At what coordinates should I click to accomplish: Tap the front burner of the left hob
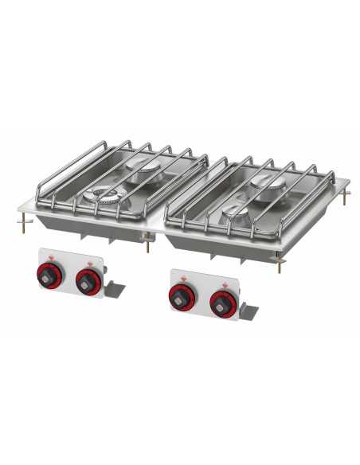click(104, 195)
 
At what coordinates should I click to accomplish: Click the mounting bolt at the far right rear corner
click(344, 197)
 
